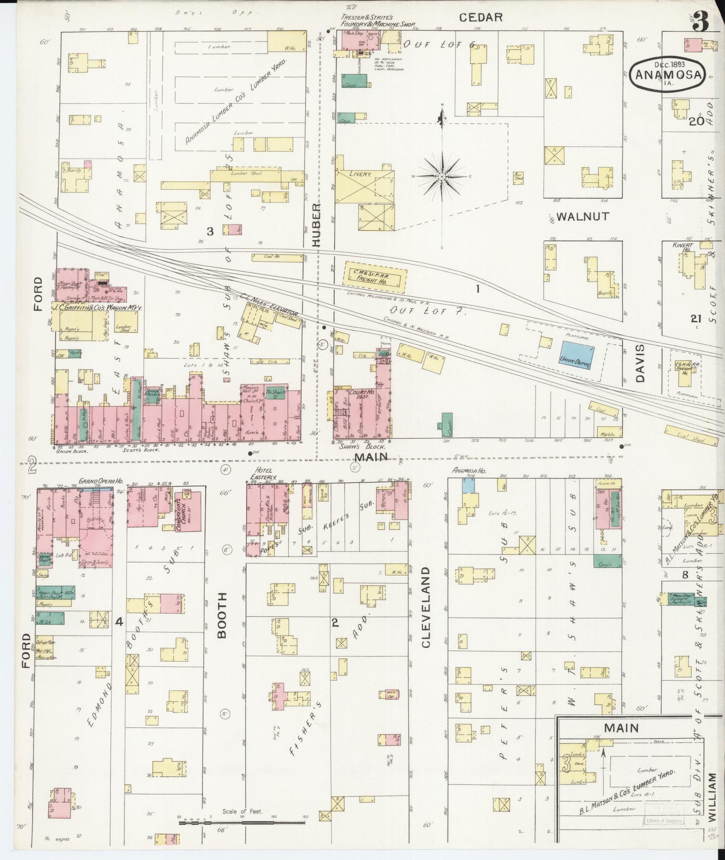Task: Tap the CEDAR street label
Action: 481,18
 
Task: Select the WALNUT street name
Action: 583,216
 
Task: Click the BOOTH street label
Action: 222,615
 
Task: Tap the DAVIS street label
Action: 640,363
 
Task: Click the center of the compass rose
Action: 442,177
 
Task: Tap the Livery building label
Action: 360,174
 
